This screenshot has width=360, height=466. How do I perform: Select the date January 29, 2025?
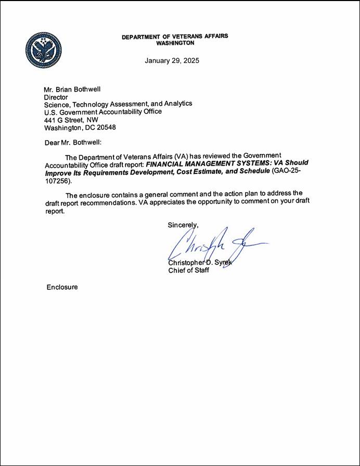(x=172, y=60)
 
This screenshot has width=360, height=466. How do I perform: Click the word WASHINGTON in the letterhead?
(x=175, y=43)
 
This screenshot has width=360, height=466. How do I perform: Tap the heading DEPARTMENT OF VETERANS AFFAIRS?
(x=175, y=37)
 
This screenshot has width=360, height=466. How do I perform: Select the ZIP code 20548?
(x=105, y=127)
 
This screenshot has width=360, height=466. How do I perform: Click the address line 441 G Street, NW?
(x=71, y=119)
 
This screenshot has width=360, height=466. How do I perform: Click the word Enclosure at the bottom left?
(x=62, y=287)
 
